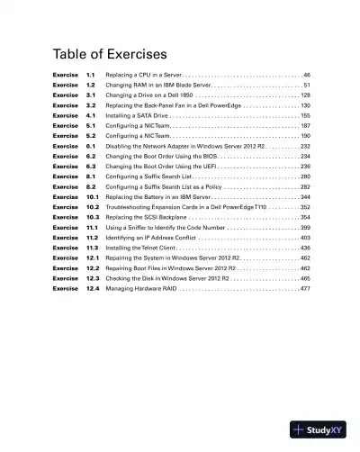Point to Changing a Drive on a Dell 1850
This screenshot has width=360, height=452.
click(x=148, y=94)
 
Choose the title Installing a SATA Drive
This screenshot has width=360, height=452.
click(x=137, y=116)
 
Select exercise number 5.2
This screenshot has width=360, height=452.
click(x=91, y=134)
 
